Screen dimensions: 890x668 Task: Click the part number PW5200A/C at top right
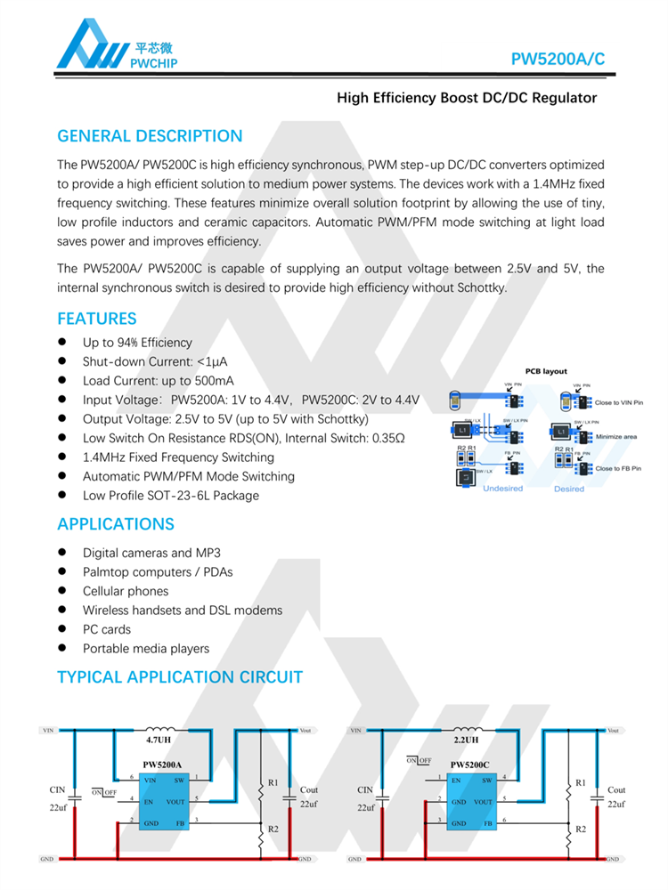pyautogui.click(x=558, y=59)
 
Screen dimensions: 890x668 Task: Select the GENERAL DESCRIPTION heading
pyautogui.click(x=150, y=136)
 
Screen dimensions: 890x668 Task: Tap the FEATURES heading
pyautogui.click(x=97, y=319)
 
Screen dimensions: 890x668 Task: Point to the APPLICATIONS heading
pyautogui.click(x=116, y=523)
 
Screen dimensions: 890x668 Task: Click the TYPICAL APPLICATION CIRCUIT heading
pyautogui.click(x=180, y=677)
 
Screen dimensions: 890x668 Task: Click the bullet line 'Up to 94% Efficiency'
pyautogui.click(x=137, y=343)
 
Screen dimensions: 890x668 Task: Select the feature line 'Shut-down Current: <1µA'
pyautogui.click(x=155, y=361)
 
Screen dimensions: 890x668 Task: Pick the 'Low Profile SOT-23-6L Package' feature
pyautogui.click(x=171, y=495)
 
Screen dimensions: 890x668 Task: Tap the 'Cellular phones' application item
pyautogui.click(x=126, y=591)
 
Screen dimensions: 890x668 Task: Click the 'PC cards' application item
pyautogui.click(x=107, y=629)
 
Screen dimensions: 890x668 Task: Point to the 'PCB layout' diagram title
pyautogui.click(x=546, y=371)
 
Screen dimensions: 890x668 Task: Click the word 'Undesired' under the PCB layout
pyautogui.click(x=502, y=489)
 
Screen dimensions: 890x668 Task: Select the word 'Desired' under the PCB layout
pyautogui.click(x=569, y=489)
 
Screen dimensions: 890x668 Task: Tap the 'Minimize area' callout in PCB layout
pyautogui.click(x=617, y=437)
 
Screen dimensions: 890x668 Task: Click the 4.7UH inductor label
pyautogui.click(x=159, y=740)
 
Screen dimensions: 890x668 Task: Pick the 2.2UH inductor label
pyautogui.click(x=466, y=740)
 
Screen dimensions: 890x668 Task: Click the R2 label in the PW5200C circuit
pyautogui.click(x=581, y=829)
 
